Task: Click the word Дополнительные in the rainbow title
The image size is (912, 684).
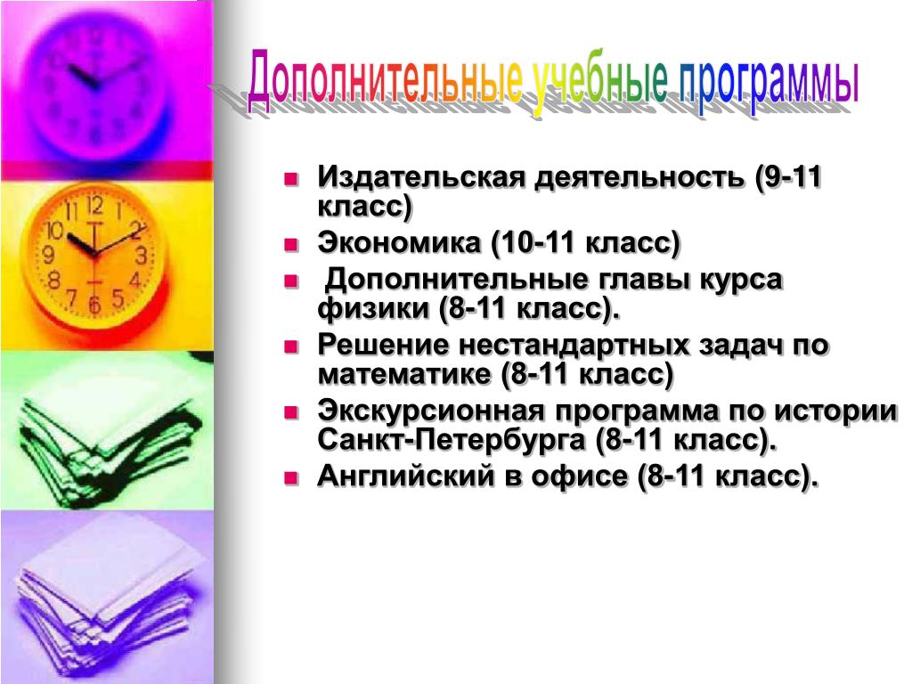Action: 385,81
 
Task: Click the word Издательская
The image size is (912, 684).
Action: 421,177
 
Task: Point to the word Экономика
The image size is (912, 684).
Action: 398,242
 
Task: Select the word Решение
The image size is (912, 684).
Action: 383,345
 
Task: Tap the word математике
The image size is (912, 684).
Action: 404,374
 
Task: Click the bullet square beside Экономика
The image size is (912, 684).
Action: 291,244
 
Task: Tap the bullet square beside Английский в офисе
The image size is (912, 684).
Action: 291,478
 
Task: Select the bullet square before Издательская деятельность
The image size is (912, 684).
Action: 291,178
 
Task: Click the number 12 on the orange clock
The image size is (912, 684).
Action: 94,206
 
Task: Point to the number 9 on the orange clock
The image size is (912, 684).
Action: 49,255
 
